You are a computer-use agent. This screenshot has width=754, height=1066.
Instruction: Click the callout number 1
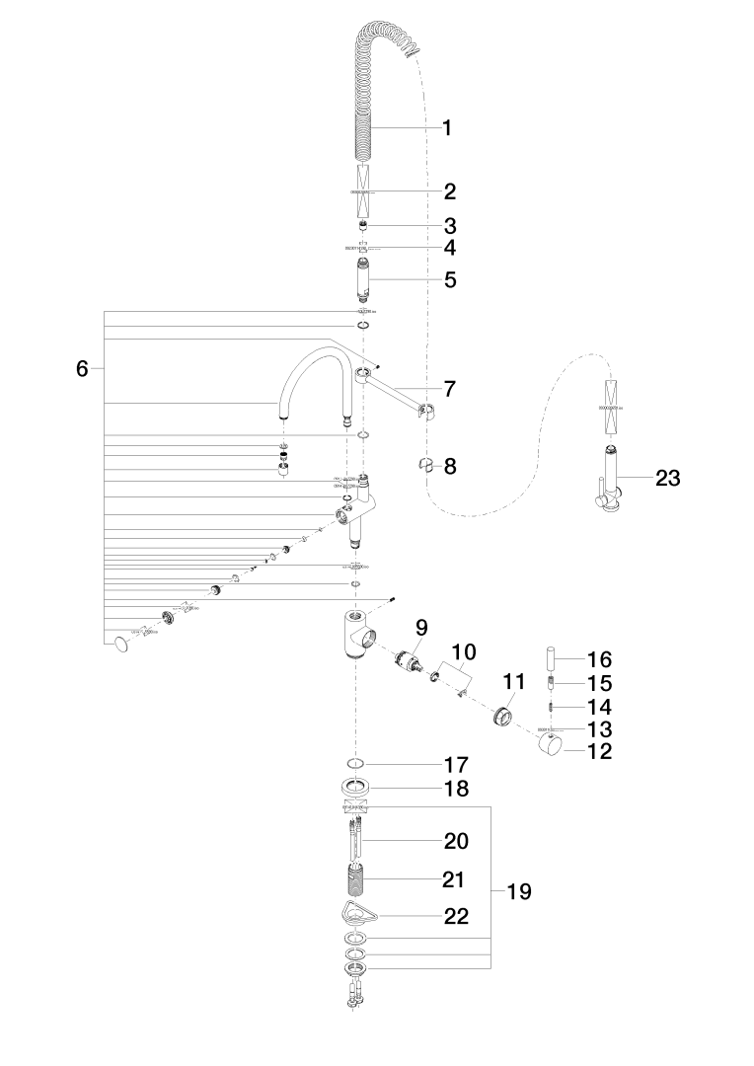447,127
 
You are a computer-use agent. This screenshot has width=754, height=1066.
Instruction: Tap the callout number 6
83,369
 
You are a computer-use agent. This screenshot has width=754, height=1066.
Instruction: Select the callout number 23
668,479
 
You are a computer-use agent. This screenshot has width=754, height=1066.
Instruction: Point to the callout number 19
519,891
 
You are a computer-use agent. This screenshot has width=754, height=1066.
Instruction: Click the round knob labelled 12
549,747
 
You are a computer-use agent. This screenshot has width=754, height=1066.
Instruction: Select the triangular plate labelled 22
356,914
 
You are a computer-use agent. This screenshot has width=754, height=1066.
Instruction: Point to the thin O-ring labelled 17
356,764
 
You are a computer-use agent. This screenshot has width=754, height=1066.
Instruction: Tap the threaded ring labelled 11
503,714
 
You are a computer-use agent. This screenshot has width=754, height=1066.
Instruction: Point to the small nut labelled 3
362,226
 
